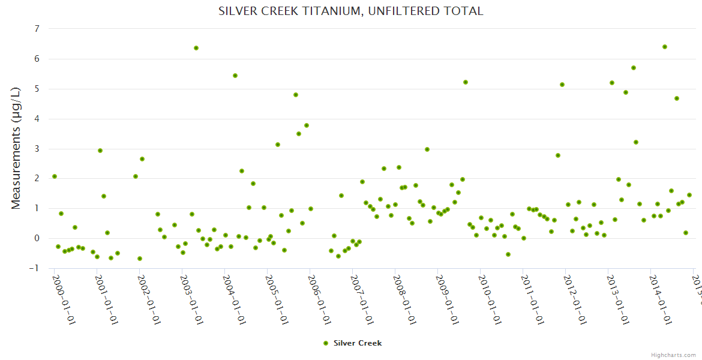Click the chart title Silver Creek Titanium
[350, 11]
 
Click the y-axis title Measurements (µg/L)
[16, 149]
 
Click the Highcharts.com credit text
[673, 355]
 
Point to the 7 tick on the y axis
[37, 29]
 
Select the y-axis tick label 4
[37, 119]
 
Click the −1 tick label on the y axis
[35, 268]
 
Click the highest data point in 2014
[664, 47]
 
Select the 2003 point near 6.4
[196, 48]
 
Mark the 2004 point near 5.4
[235, 76]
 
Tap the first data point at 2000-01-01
[55, 176]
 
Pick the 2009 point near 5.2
[466, 82]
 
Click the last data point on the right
[689, 195]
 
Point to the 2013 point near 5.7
[634, 68]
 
